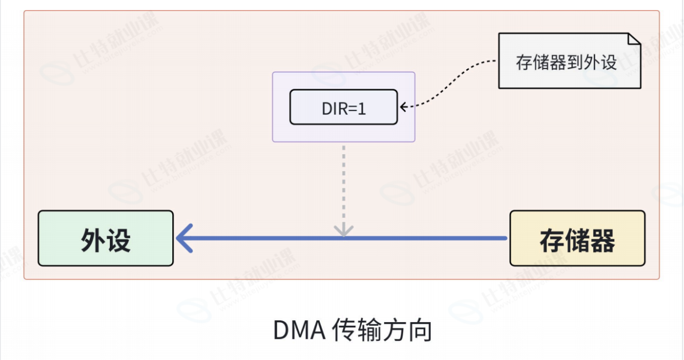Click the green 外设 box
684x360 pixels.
pos(106,238)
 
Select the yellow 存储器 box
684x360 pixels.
pos(577,238)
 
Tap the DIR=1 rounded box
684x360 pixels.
pos(344,107)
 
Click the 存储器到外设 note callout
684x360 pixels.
pos(569,61)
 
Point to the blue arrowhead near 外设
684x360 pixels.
pos(185,238)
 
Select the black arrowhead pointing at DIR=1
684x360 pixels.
pos(404,107)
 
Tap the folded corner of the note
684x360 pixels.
pos(634,39)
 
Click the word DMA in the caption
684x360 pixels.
pos(299,331)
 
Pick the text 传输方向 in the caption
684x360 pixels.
pos(382,331)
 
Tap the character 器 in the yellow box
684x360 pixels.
pos(602,241)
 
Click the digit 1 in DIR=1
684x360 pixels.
pos(361,109)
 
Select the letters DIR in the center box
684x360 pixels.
pos(334,109)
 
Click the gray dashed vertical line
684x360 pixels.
pos(344,188)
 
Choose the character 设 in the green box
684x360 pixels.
pos(118,239)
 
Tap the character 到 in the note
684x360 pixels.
pos(575,62)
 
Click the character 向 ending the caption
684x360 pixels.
pos(420,331)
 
